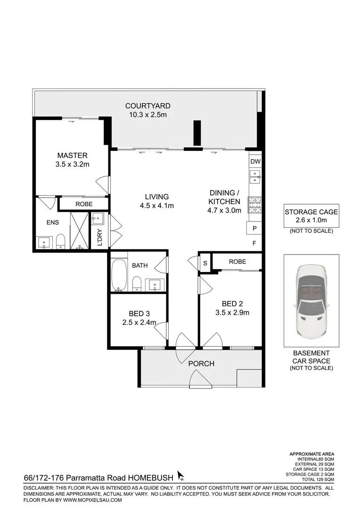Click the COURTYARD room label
point(147,106)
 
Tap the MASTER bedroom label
point(72,156)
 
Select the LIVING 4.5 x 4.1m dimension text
point(157,205)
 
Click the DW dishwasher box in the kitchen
point(255,162)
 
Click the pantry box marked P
point(254,228)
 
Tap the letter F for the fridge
point(254,244)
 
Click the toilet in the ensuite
point(61,242)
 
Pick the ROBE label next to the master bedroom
point(84,204)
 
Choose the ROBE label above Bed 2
point(237,261)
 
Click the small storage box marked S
point(205,263)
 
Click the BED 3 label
point(140,313)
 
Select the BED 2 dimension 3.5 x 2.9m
point(232,312)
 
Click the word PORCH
point(201,363)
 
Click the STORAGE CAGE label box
point(311,216)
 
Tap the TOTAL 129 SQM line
point(318,479)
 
